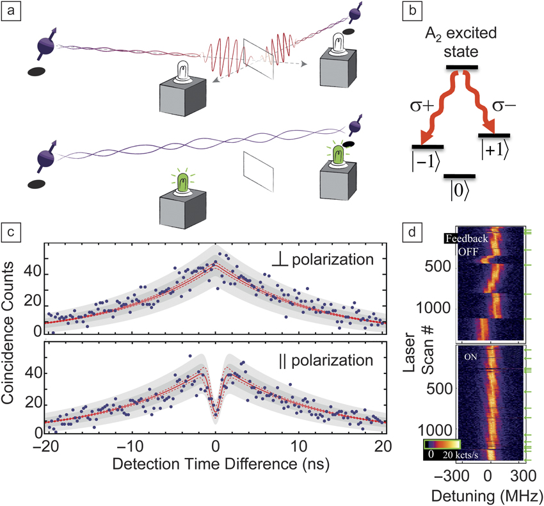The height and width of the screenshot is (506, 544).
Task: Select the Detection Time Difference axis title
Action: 216,461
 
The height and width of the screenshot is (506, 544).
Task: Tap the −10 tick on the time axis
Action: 129,445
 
